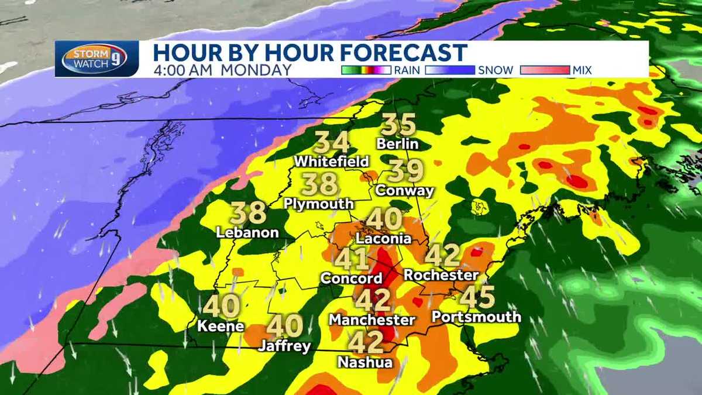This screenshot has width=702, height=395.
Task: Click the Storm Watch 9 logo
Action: point(97,59)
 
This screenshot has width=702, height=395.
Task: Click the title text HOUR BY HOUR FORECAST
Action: point(310,52)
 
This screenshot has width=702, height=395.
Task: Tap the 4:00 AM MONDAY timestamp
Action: point(222,70)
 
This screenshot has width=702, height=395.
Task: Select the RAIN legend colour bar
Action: point(366,70)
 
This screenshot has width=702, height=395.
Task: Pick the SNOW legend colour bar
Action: point(449,70)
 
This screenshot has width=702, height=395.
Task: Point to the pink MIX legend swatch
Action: point(545,70)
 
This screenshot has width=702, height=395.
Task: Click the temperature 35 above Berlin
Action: point(398,125)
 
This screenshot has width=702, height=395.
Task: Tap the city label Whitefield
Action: point(332,161)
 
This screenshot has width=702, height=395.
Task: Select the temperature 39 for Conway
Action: point(406,171)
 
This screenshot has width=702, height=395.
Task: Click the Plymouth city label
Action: point(319,204)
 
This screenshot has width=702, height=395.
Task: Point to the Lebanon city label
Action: point(247,232)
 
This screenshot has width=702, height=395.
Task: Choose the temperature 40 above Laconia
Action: point(384,219)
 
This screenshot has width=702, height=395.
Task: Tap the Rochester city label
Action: point(441,274)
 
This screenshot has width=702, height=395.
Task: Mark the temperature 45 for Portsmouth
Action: point(477,297)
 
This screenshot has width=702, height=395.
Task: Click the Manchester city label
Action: point(372,320)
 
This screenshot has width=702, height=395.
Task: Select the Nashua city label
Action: point(365,362)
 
